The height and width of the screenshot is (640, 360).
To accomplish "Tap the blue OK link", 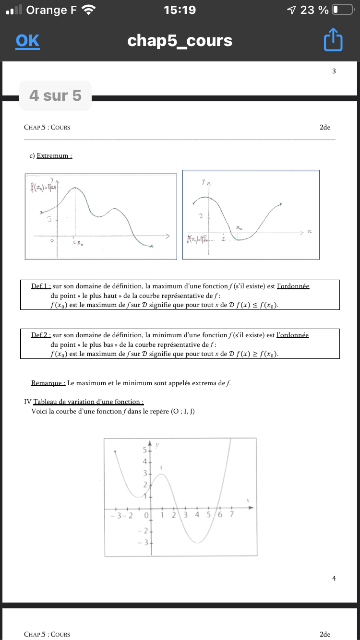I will coord(27,41).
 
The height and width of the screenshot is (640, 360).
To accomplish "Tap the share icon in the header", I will coord(334,40).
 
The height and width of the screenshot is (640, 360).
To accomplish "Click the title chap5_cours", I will coord(180,41).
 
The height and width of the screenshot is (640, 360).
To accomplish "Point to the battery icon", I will coord(342,10).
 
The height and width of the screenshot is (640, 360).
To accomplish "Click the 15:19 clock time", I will coord(180,10).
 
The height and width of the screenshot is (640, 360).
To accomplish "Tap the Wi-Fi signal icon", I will coord(89,10).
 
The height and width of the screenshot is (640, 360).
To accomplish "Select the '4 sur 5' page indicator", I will coord(55,95).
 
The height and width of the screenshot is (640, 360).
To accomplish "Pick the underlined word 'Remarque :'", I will coord(48,383).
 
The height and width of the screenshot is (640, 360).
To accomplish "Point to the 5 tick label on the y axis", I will coord(144,450).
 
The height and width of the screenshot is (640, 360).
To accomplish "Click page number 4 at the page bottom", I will coord(334,578).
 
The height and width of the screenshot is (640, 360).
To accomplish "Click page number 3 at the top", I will coord(334,71).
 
